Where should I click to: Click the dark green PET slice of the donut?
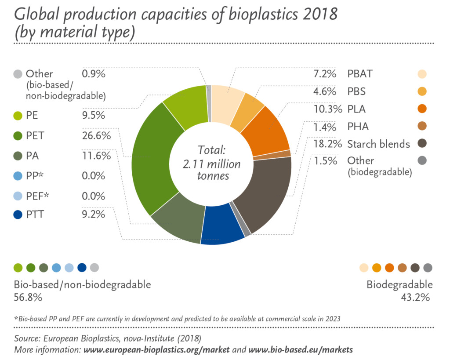[x=152, y=163]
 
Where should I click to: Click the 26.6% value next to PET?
[x=96, y=136]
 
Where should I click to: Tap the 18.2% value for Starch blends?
[x=328, y=144]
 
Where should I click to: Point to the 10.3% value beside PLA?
[x=328, y=109]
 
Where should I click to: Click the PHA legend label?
[x=358, y=127]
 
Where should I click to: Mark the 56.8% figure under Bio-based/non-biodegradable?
[x=28, y=298]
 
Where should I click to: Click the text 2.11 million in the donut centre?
[x=211, y=164]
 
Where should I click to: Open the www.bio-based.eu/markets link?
[x=301, y=350]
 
